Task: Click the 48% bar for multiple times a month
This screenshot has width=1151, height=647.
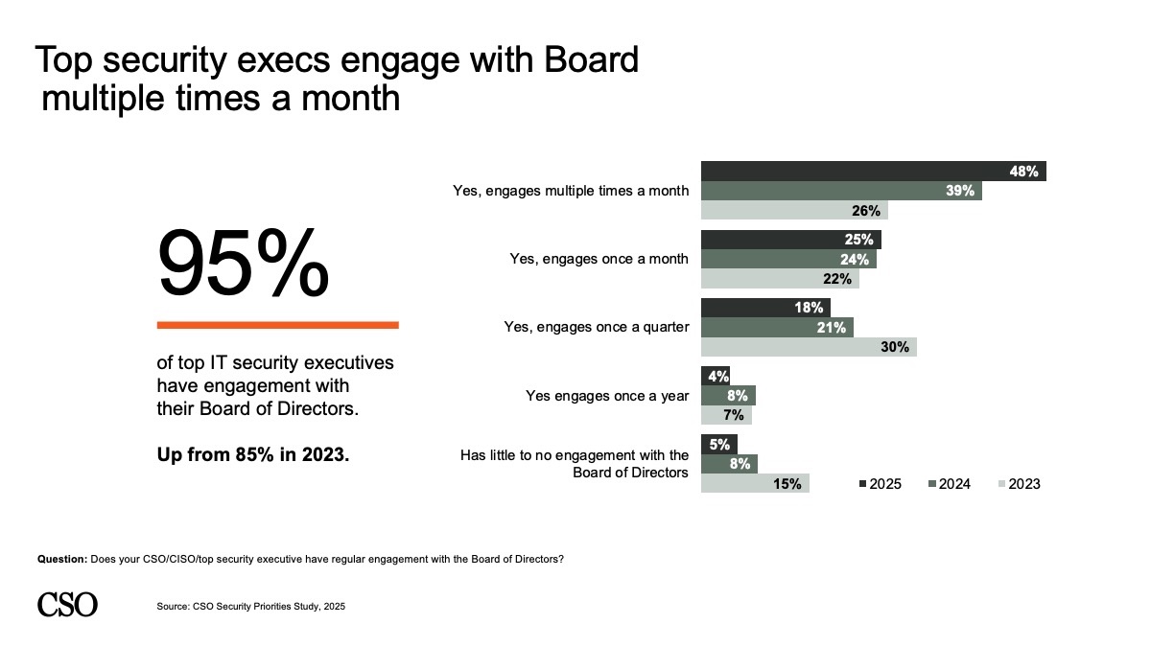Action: [873, 172]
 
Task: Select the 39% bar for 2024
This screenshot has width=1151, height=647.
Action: [841, 191]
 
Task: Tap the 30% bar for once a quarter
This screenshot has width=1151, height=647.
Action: [809, 347]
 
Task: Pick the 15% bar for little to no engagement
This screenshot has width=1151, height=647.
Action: [755, 484]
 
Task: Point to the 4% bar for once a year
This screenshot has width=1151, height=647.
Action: [716, 376]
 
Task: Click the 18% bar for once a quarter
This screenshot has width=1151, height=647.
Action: [765, 308]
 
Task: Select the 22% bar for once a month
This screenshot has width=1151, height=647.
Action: [780, 279]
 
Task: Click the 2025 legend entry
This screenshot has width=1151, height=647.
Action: [880, 484]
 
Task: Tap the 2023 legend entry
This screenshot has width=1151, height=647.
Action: [1019, 484]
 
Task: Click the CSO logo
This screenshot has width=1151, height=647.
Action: [67, 605]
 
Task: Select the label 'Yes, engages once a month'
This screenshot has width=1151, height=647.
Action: [599, 259]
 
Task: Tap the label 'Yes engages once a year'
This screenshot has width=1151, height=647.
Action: [607, 395]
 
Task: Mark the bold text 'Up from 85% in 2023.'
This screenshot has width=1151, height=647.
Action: [253, 454]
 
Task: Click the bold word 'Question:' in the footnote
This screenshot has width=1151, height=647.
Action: [62, 559]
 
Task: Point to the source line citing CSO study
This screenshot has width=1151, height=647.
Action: [250, 607]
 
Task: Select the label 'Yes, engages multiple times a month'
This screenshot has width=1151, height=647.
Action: [571, 191]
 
